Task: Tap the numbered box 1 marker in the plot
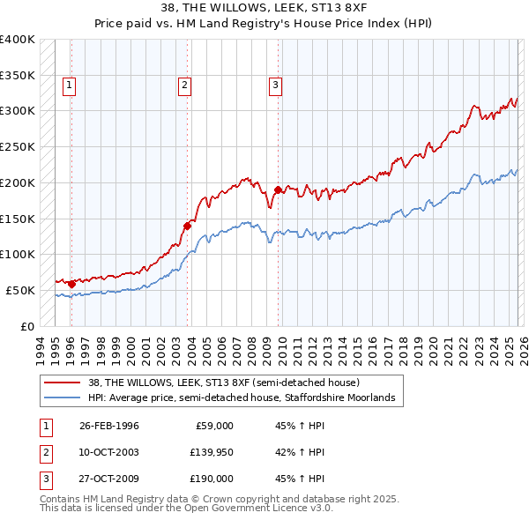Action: (69, 85)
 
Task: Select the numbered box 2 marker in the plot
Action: (184, 85)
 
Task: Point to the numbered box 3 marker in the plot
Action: (275, 85)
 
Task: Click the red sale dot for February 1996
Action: (71, 284)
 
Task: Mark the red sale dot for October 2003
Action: (188, 226)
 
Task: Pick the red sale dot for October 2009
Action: (279, 189)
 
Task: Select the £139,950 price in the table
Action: (211, 452)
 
